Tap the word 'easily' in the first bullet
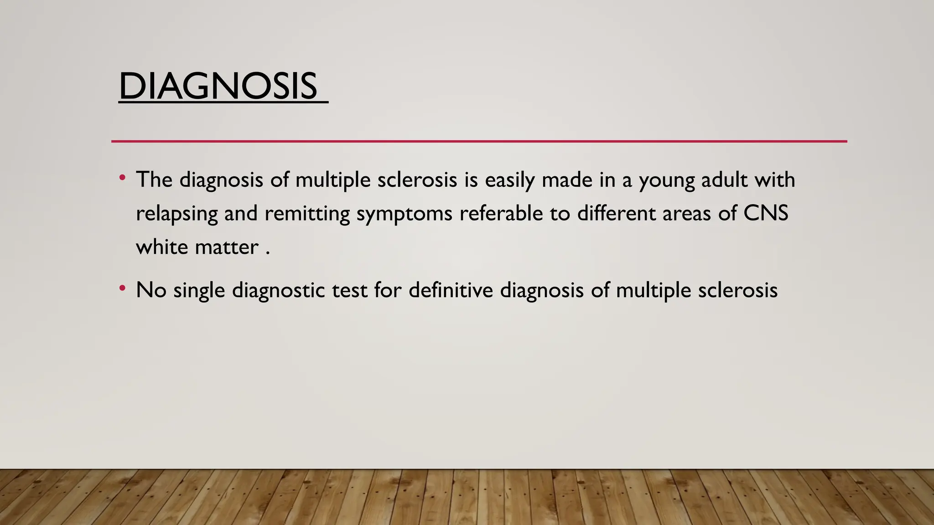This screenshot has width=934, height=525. [x=509, y=180]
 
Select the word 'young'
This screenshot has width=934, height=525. [x=666, y=180]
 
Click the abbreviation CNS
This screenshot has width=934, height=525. [x=766, y=213]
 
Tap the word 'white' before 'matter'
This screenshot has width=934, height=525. [x=162, y=247]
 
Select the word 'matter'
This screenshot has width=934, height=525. [x=227, y=248]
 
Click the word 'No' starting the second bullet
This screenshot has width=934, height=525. [x=151, y=290]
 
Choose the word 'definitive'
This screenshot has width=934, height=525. [x=451, y=290]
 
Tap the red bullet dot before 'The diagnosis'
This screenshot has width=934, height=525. [x=122, y=177]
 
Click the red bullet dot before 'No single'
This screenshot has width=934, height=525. [x=122, y=288]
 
